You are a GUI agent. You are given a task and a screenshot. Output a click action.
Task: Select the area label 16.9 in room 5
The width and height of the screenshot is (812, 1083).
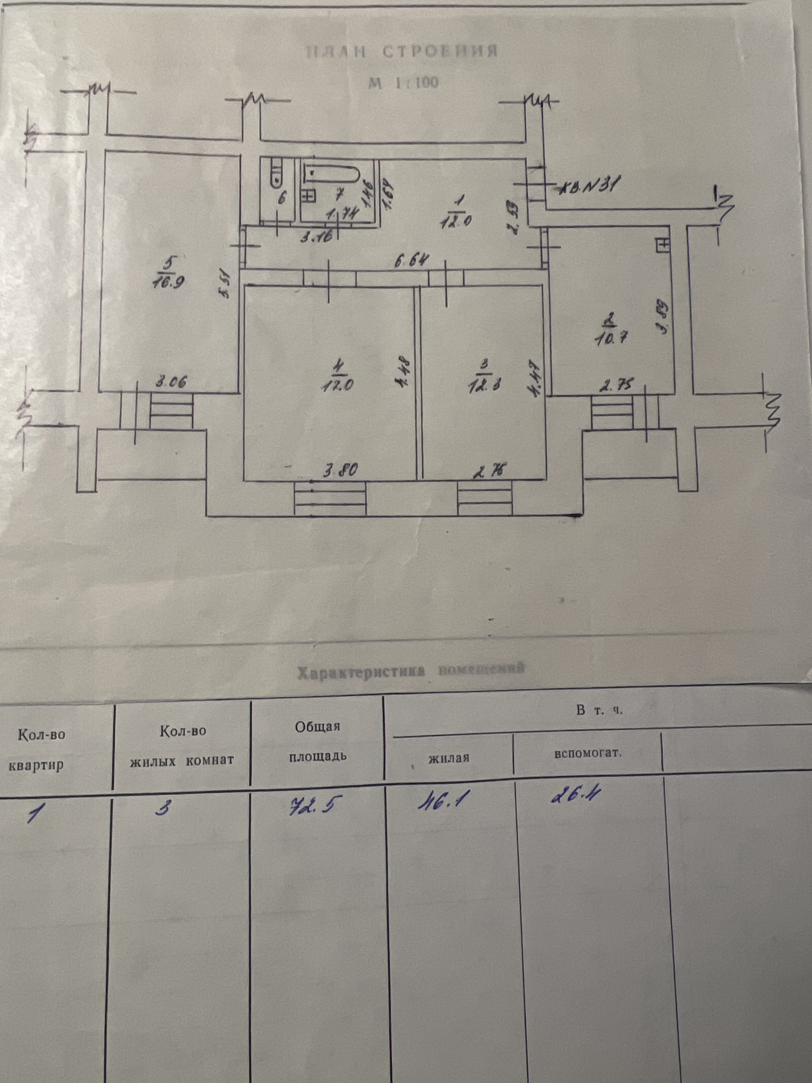168,283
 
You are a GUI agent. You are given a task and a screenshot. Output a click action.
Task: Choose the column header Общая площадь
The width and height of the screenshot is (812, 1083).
318,741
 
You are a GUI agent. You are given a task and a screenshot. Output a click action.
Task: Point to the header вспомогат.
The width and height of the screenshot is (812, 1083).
588,753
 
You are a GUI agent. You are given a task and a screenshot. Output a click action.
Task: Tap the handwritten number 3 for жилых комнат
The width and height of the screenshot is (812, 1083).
162,808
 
